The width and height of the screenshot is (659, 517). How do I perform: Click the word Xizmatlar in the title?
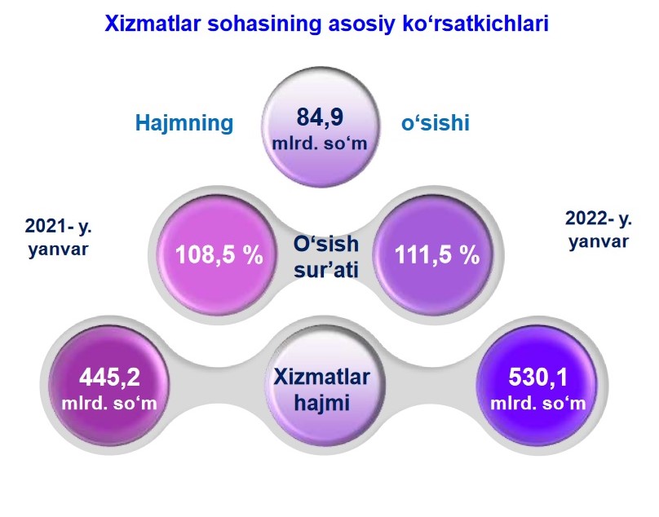pos(153,24)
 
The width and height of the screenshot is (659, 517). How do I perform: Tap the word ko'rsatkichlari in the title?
pos(475,24)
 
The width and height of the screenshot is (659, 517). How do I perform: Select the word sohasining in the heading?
pos(264,24)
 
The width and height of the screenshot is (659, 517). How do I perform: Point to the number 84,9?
pos(320,117)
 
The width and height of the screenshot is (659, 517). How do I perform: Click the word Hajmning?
pos(184,124)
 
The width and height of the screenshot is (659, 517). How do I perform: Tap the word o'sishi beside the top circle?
pos(436,123)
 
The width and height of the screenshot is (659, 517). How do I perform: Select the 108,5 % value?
pos(219,254)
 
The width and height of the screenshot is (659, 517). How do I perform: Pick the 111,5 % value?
pos(437,254)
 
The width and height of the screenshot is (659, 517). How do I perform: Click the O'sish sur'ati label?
pos(326,257)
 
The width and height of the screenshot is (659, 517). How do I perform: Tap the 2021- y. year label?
pos(59,227)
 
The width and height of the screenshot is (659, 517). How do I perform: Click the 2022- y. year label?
pos(599,219)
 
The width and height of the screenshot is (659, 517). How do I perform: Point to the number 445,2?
pos(109,377)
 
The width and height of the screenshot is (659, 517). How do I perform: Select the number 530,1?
pos(538,377)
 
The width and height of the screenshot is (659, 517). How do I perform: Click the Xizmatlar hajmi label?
pos(322,390)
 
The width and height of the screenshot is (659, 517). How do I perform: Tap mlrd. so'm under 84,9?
pos(320,144)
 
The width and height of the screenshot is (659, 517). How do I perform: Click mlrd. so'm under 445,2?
pos(109,404)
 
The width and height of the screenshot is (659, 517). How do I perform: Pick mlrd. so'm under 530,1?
pos(538,404)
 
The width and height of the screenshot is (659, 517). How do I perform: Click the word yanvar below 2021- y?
pos(59,250)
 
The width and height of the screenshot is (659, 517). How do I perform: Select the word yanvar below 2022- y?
pos(599,242)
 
